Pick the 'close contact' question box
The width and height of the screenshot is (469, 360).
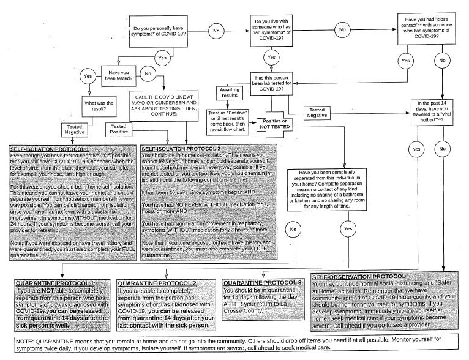[426, 28]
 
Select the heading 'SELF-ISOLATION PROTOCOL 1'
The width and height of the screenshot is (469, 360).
[50, 149]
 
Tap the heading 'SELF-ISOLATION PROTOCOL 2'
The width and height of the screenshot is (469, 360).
[181, 149]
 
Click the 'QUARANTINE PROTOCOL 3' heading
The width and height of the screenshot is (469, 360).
[263, 282]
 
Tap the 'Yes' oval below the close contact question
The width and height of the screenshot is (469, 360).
[405, 61]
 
